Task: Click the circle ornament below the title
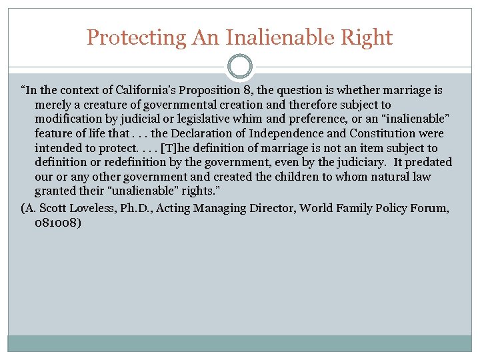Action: coord(240,67)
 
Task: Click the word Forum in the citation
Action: coord(427,209)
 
